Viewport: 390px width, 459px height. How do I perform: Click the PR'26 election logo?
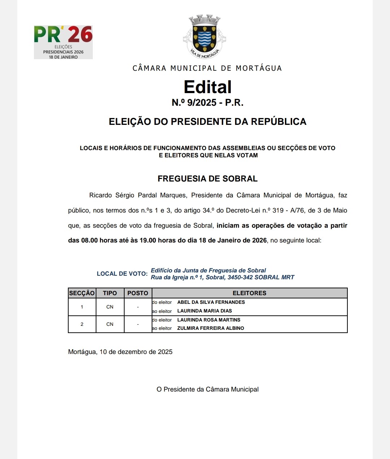point(63,42)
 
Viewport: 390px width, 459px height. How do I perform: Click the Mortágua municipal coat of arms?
point(205,36)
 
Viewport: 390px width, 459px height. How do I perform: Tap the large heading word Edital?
point(207,87)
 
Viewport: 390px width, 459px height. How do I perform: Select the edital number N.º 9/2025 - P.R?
point(207,103)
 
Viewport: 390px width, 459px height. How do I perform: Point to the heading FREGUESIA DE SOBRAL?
point(207,179)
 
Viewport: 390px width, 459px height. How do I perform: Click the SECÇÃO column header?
point(82,293)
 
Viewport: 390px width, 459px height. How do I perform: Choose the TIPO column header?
point(110,293)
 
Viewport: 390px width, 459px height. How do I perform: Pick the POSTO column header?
point(138,293)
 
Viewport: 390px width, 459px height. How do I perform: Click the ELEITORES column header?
point(249,293)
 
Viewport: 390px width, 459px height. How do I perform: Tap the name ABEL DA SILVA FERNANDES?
point(211,302)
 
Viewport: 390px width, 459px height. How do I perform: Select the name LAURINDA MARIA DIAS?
point(204,311)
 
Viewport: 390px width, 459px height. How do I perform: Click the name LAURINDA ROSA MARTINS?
point(209,320)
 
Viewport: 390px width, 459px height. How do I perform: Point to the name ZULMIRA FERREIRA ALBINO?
point(211,328)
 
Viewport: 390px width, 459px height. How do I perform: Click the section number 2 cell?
point(82,324)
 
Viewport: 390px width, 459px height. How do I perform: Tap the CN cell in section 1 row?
point(110,307)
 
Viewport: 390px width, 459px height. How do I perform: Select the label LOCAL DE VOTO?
point(122,274)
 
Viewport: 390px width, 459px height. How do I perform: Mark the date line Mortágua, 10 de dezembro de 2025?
point(120,352)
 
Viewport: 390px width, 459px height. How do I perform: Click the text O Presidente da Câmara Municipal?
point(207,389)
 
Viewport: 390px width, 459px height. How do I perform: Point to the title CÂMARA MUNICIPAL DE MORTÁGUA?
point(207,68)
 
